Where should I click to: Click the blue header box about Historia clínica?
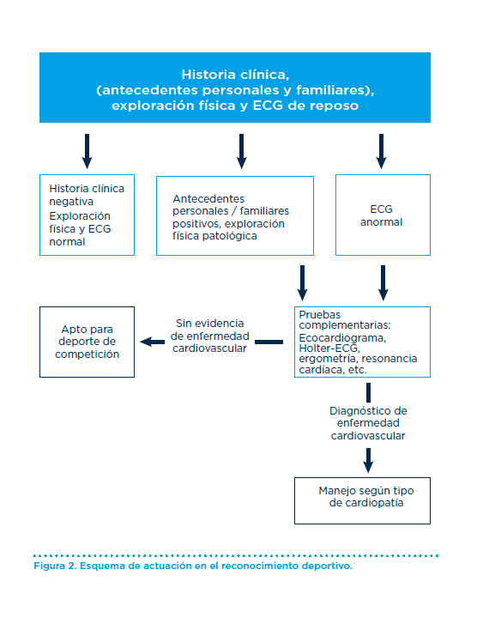tap(235, 88)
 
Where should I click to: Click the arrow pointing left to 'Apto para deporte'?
tap(152, 342)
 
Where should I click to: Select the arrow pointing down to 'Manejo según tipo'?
tap(368, 460)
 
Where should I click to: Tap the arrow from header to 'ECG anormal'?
tap(382, 151)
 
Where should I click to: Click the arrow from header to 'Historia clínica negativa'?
tap(88, 151)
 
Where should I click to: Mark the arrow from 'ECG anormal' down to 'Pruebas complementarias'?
tap(383, 283)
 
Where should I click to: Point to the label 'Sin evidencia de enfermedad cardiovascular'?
tap(209, 336)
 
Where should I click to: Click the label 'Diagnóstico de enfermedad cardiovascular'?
tap(368, 423)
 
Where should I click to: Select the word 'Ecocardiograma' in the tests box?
tap(342, 338)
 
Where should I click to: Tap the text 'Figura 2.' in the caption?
tap(55, 566)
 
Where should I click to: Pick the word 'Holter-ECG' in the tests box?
tap(329, 348)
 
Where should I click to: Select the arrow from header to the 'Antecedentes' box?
tap(241, 151)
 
